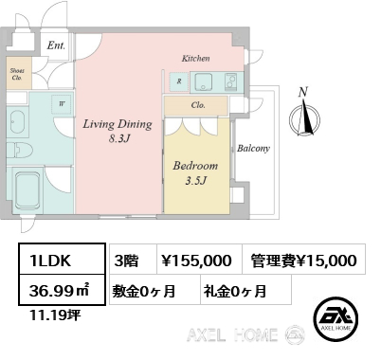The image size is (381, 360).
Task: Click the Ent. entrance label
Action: tap(56, 45)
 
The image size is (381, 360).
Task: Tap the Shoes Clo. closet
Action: tap(19, 73)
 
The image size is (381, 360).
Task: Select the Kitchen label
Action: tap(195, 59)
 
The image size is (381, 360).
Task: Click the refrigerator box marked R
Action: tap(179, 81)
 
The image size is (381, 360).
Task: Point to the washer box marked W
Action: tap(62, 103)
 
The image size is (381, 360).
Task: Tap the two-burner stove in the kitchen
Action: tap(230, 81)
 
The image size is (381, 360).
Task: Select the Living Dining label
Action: tap(118, 124)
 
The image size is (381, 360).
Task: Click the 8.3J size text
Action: tap(119, 138)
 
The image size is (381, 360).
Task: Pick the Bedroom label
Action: tap(195, 166)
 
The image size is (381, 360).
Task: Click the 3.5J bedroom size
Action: tap(195, 181)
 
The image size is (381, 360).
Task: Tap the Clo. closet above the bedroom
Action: tap(196, 105)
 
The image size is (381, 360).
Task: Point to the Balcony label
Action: tap(253, 149)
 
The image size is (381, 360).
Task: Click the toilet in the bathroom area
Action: tap(20, 150)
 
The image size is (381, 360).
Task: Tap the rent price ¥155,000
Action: tap(196, 261)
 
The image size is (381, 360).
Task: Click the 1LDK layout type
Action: tap(50, 261)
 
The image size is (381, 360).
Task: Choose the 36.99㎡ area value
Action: tap(60, 291)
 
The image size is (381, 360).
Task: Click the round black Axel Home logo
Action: tap(336, 319)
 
